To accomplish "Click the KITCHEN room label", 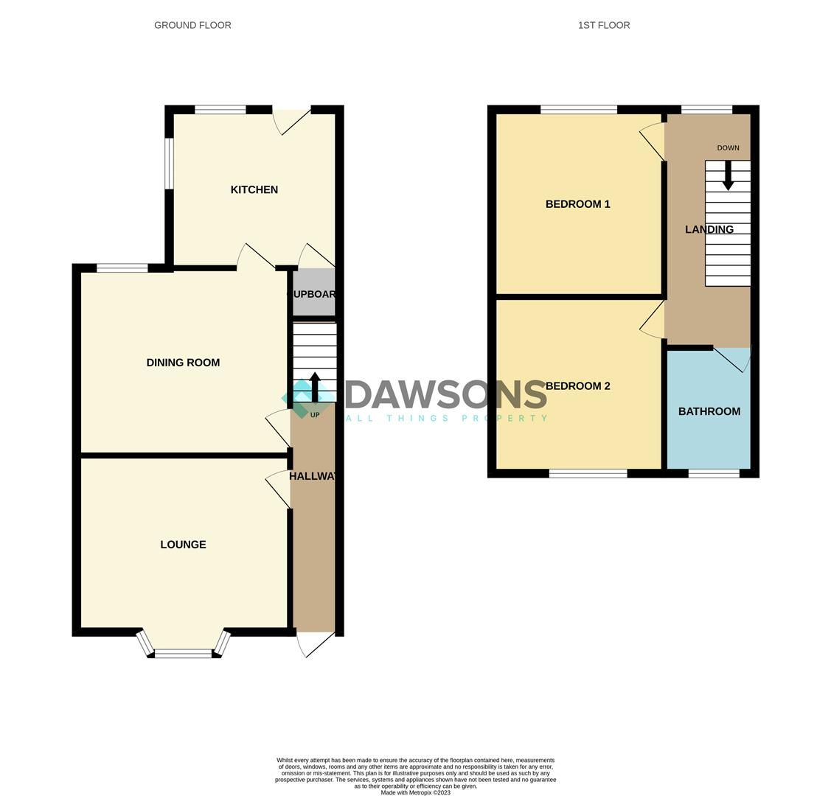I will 254,190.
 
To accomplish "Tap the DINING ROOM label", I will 183,363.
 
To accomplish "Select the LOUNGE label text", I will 183,545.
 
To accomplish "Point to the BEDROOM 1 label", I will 577,204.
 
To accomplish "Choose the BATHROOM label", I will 709,411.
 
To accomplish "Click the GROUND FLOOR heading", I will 192,25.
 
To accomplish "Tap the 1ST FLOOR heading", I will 604,25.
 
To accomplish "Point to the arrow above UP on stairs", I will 315,387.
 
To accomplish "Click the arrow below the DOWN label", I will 728,175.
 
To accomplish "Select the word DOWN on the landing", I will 728,148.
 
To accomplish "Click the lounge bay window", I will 182,652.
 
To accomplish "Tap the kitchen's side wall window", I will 169,163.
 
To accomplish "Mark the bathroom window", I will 713,473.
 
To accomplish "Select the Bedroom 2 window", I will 588,473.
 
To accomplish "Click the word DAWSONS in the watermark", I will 446,395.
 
